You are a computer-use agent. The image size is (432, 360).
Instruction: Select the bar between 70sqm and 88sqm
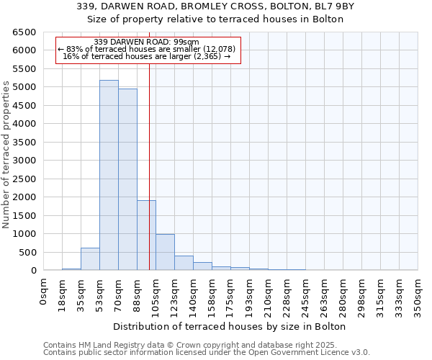127,179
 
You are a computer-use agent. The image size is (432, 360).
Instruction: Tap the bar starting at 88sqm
146,235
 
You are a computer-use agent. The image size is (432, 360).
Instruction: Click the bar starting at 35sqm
90,259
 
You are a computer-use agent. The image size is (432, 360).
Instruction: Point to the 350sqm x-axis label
418,296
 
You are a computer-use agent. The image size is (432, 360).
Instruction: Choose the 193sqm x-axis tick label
250,296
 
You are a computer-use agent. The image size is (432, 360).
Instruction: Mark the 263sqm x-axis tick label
325,296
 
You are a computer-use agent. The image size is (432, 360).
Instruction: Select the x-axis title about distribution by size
230,326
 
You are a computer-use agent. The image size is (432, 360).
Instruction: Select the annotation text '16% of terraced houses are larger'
147,56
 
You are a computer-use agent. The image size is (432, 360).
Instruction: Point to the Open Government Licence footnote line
207,353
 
